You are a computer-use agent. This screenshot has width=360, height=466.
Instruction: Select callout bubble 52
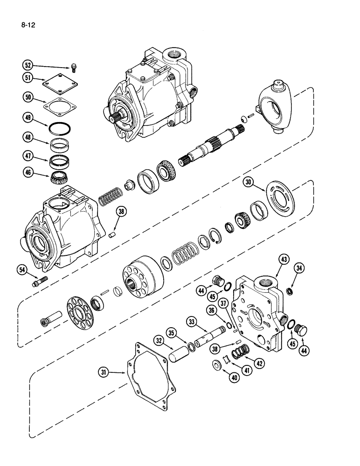pyautogui.click(x=29, y=66)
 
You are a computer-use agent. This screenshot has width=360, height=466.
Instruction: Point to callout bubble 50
pyautogui.click(x=29, y=97)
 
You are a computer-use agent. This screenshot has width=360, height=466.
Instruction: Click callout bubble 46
pyautogui.click(x=29, y=172)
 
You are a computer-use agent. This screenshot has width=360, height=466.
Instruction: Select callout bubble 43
pyautogui.click(x=284, y=259)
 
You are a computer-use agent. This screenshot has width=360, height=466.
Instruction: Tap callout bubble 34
pyautogui.click(x=299, y=267)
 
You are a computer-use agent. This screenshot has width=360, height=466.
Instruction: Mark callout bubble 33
pyautogui.click(x=192, y=321)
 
